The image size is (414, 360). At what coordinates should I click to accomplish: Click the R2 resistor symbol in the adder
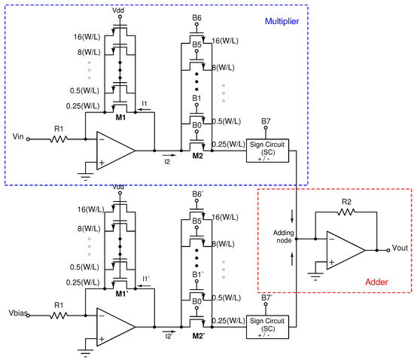pyautogui.click(x=346, y=213)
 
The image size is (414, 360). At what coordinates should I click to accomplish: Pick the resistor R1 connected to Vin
pyautogui.click(x=58, y=138)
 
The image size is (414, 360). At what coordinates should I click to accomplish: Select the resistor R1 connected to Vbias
pyautogui.click(x=58, y=316)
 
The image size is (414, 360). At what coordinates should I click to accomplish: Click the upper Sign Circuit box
pyautogui.click(x=268, y=150)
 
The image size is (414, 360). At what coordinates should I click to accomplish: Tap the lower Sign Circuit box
pyautogui.click(x=268, y=328)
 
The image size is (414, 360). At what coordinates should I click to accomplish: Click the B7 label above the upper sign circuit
pyautogui.click(x=266, y=121)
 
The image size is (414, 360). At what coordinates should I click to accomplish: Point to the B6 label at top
pyautogui.click(x=196, y=17)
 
